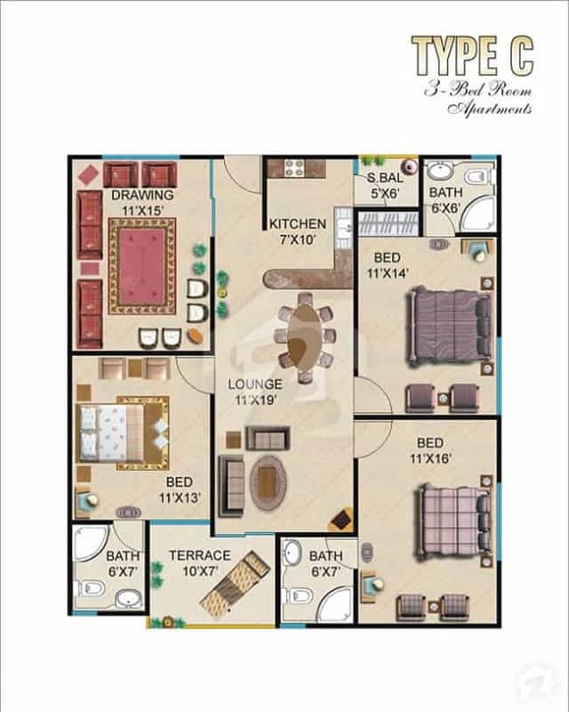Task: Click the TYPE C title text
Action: (472, 56)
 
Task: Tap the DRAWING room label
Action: (142, 195)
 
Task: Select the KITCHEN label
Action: (298, 224)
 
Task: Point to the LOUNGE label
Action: (255, 384)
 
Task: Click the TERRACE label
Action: (200, 555)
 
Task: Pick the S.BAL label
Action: (385, 178)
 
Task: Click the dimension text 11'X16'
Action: (430, 458)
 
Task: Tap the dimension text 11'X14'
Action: (388, 273)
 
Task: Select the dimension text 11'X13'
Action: (180, 498)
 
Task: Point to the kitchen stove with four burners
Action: (294, 167)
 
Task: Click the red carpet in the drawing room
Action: (142, 266)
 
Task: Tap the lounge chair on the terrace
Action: (235, 584)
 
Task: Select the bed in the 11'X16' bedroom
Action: (454, 522)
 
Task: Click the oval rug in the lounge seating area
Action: (268, 482)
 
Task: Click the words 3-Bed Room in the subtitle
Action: (477, 90)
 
